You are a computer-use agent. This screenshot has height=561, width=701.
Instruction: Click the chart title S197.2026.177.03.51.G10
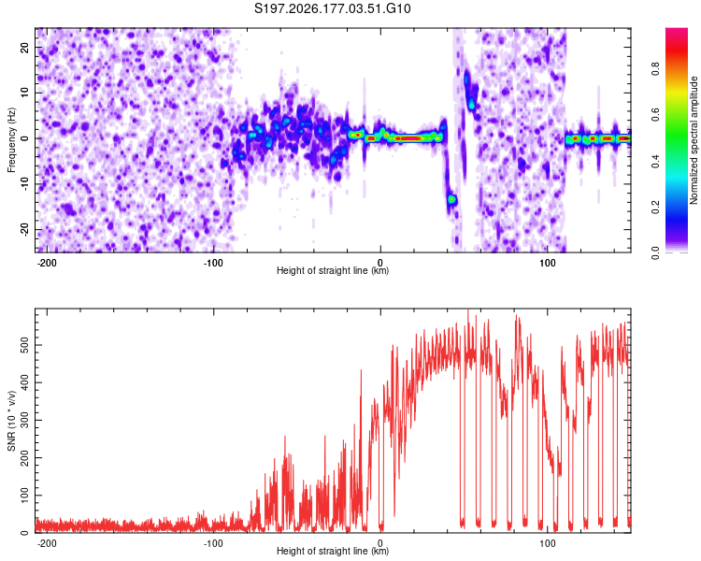(x=332, y=8)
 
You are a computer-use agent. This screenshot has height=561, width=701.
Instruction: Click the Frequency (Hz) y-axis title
(x=11, y=140)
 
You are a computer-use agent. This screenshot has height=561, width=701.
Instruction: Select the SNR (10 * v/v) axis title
(x=11, y=421)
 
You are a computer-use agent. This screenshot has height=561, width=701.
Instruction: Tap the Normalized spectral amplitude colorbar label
(x=694, y=140)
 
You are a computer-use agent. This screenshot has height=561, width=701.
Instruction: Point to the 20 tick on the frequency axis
(x=24, y=47)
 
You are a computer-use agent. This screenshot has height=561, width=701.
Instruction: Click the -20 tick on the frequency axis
(x=24, y=230)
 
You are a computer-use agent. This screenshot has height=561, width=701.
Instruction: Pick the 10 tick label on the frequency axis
(x=24, y=93)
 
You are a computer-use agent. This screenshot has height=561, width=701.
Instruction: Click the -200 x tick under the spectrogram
(x=46, y=263)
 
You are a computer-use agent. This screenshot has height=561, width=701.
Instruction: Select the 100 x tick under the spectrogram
(x=547, y=263)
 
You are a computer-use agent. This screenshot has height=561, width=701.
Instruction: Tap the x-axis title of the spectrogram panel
(x=333, y=270)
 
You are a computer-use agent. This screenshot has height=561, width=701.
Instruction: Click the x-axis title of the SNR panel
(x=333, y=551)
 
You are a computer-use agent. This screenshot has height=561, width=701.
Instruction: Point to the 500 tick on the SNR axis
(x=24, y=345)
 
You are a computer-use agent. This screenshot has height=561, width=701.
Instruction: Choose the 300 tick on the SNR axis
(x=24, y=421)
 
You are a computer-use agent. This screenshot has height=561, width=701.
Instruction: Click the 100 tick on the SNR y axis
(x=24, y=496)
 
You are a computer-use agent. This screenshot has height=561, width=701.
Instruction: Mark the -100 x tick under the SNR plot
(x=213, y=543)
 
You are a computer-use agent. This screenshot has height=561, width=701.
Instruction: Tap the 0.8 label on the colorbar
(x=655, y=69)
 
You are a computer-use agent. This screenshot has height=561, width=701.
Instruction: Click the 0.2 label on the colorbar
(x=655, y=208)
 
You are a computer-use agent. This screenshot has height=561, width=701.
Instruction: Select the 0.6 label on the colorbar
(x=655, y=115)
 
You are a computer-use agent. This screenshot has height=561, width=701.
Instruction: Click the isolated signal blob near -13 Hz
(x=452, y=199)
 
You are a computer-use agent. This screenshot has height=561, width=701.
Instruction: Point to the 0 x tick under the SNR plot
(x=380, y=543)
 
